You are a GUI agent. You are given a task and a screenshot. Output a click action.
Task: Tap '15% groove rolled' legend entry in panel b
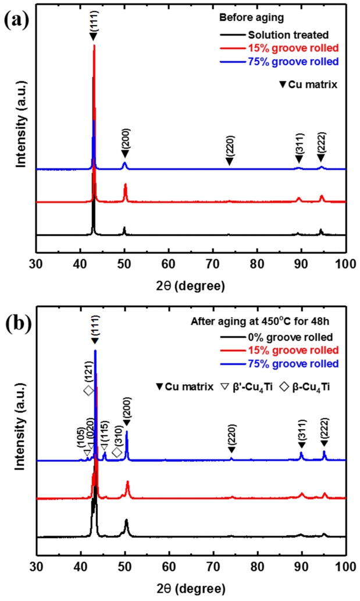click(x=288, y=350)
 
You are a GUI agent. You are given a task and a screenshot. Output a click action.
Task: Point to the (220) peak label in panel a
click(x=230, y=146)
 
